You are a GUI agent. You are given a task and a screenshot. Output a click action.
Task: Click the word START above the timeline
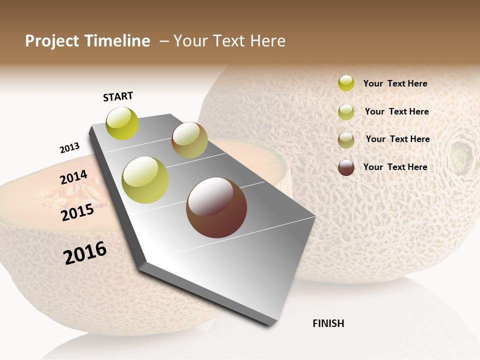[118, 96]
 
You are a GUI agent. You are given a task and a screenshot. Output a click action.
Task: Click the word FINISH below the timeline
[328, 323]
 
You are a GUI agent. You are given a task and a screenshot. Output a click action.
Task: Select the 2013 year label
[69, 148]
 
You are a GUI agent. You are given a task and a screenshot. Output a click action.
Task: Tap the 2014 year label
[73, 177]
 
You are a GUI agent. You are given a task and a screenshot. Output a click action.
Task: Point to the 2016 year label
[85, 253]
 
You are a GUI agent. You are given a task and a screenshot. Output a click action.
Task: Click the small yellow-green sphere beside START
[122, 123]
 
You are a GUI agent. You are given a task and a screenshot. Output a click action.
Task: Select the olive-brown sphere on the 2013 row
[189, 140]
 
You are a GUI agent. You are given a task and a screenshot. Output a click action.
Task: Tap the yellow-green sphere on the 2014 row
[145, 180]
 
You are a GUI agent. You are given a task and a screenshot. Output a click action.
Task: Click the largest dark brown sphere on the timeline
[216, 207]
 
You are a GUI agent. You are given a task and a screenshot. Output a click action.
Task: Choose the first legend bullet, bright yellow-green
[346, 83]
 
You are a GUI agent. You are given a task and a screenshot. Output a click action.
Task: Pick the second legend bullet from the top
[346, 112]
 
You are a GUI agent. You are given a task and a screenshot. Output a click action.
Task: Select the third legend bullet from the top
[346, 140]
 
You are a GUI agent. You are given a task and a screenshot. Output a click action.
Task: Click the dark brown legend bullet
[346, 167]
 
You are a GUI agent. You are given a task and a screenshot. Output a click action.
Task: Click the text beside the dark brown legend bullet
[395, 167]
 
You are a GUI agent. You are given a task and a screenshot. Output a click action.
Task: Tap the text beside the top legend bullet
[395, 83]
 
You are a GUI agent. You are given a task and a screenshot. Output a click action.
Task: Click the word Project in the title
[52, 41]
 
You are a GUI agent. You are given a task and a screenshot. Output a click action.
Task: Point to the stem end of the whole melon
[461, 155]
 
